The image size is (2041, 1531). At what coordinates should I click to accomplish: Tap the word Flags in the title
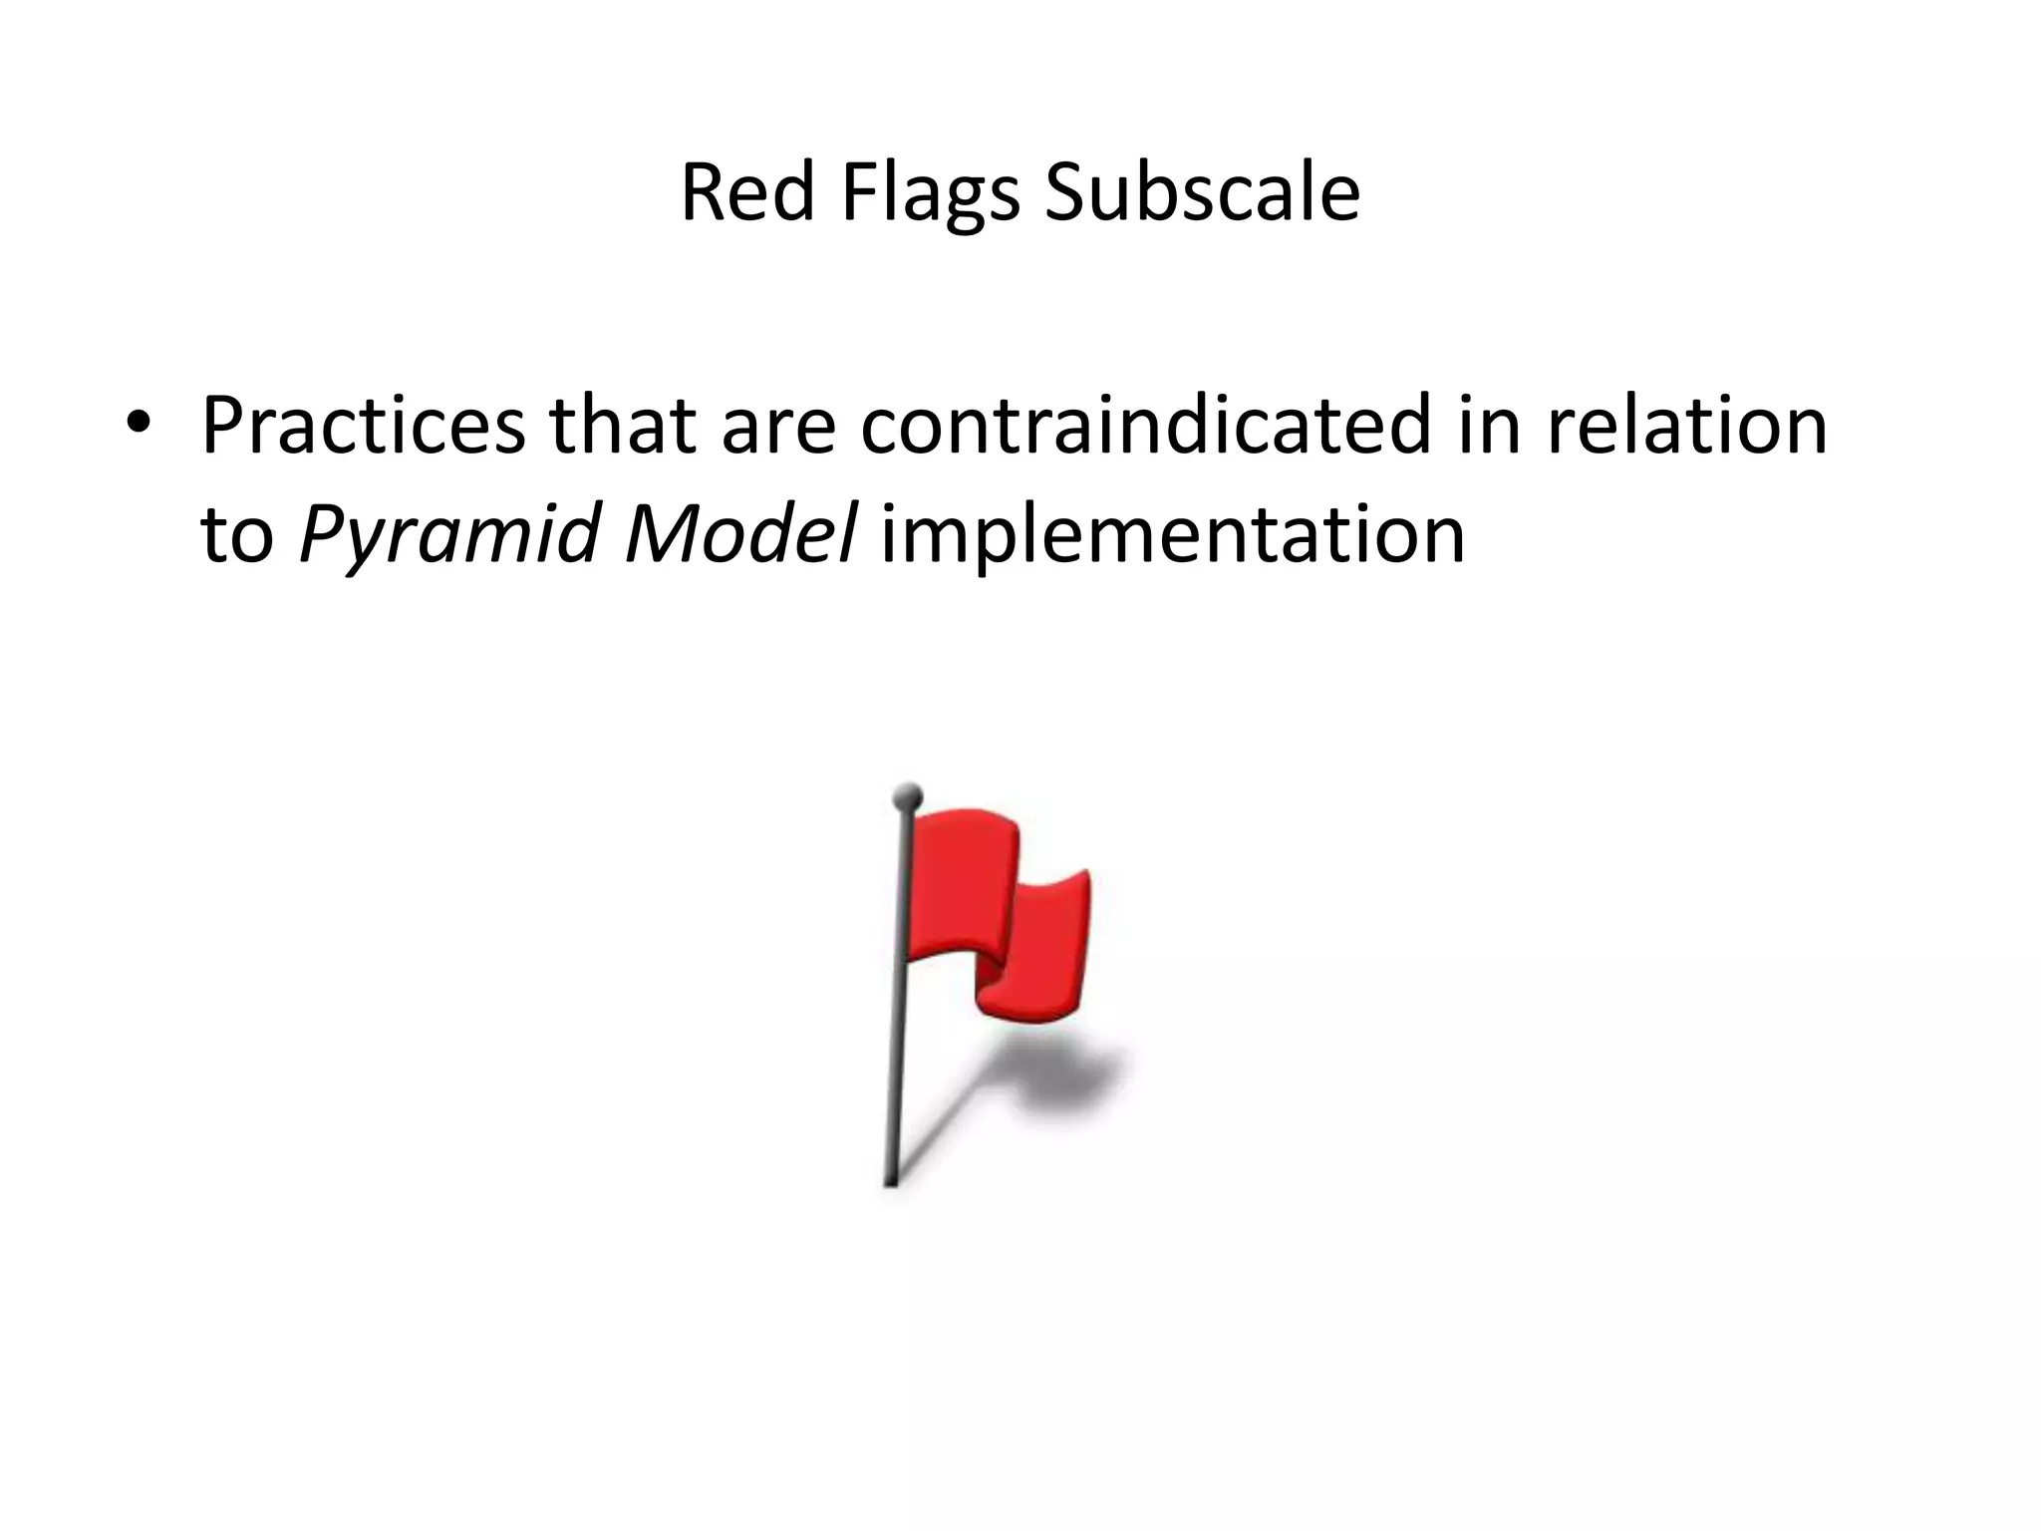coord(930,193)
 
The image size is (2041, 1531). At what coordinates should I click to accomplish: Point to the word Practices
coord(363,426)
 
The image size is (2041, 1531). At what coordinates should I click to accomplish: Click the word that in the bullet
coord(622,426)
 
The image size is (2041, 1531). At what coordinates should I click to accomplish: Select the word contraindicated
coord(1145,426)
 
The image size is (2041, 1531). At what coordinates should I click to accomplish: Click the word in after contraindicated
coord(1489,426)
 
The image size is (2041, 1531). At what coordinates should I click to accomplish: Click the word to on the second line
coord(237,534)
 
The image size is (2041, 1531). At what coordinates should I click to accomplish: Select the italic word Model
coord(739,534)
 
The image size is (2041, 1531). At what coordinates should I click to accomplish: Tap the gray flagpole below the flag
coord(896,1076)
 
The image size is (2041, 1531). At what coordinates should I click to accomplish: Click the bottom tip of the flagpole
coord(891,1180)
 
